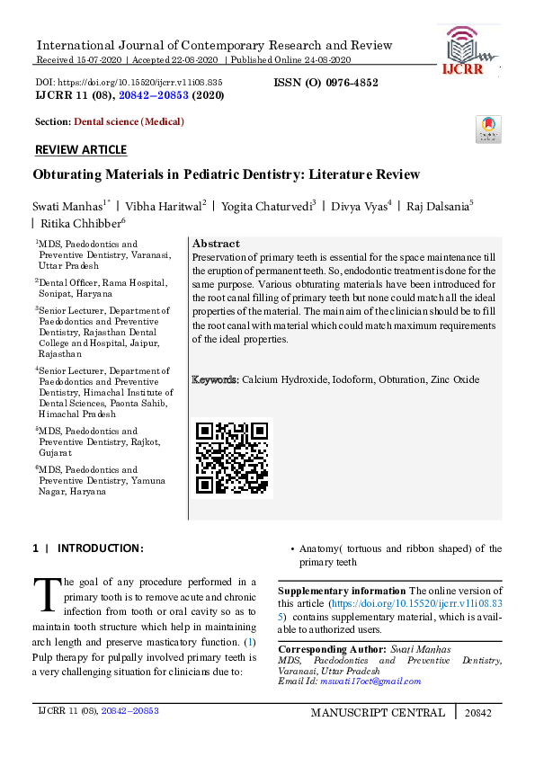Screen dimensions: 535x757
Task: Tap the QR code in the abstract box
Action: [232, 458]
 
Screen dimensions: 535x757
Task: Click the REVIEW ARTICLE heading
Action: [80, 149]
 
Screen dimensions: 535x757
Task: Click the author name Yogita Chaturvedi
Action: [269, 206]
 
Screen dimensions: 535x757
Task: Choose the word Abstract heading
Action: [216, 244]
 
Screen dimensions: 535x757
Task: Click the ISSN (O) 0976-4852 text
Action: [325, 83]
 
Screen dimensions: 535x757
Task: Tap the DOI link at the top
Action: [129, 82]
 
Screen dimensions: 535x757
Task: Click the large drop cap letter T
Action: [46, 593]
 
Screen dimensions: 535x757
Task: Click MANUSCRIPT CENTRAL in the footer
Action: [377, 713]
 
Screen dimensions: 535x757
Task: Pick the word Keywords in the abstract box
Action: [215, 380]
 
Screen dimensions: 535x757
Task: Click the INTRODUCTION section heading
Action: [99, 548]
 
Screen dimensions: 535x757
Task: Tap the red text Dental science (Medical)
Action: [129, 121]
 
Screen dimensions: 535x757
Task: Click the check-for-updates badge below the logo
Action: [488, 129]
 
